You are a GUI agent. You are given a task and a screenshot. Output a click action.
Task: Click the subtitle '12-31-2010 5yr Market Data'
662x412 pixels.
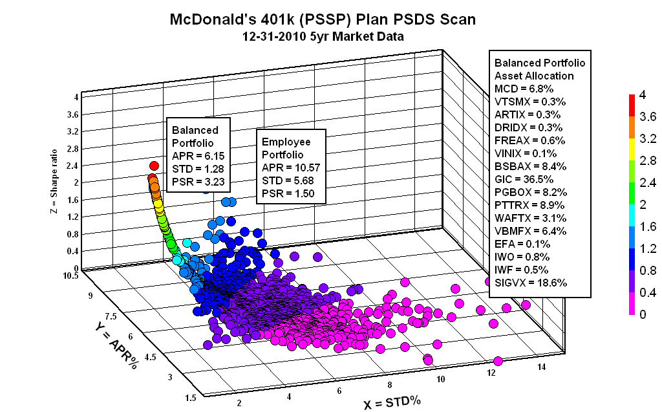coord(322,37)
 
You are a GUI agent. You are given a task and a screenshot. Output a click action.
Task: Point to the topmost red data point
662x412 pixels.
coord(154,166)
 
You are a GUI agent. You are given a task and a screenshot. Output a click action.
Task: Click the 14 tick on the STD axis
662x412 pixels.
coord(542,367)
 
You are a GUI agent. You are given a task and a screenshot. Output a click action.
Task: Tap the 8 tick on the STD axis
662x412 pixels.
coord(389,383)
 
